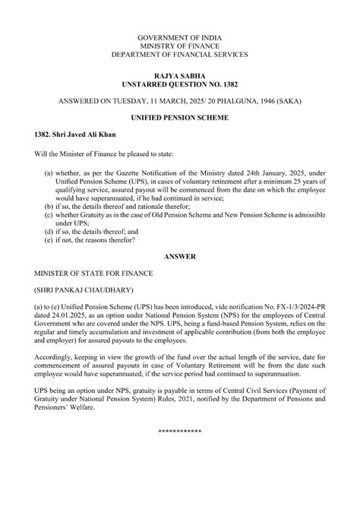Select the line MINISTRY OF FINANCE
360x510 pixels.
pos(180,46)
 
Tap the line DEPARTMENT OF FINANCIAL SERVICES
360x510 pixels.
pos(180,54)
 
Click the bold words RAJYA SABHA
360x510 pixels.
pos(180,77)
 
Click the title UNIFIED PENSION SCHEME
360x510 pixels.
pos(180,120)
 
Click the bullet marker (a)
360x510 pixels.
pos(49,173)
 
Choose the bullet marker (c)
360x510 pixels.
pos(49,215)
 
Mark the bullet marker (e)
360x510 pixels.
pos(49,240)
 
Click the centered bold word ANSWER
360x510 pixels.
pos(180,257)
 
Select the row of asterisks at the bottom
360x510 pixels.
pos(180,432)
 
